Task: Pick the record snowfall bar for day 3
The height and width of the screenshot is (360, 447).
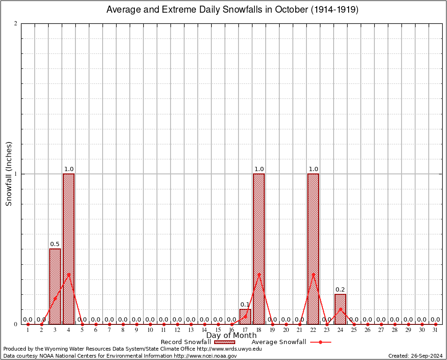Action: [x=55, y=286]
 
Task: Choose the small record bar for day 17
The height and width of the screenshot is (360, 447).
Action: [x=245, y=317]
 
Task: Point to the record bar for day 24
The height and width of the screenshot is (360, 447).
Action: [x=340, y=309]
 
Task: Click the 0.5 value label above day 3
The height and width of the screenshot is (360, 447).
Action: [x=55, y=244]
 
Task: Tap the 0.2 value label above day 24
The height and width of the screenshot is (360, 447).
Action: [x=340, y=290]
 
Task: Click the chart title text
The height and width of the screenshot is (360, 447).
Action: [x=232, y=10]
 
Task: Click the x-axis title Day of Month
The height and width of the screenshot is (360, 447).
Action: [x=231, y=335]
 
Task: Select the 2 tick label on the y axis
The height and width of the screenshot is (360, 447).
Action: [x=16, y=24]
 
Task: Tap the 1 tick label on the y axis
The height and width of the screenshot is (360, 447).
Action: [x=16, y=174]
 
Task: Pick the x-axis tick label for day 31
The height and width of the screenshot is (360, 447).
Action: [x=435, y=330]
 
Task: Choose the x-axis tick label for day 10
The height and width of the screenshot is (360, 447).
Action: [x=150, y=330]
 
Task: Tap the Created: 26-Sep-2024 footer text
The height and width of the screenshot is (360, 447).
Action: [x=415, y=356]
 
